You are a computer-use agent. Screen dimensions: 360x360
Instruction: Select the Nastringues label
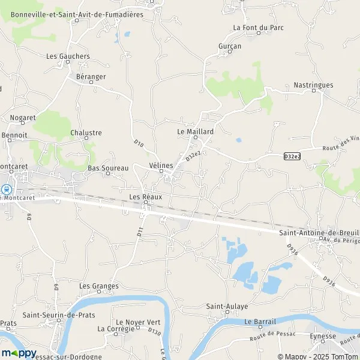click(313, 85)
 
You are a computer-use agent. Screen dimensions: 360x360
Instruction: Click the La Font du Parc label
click(256, 28)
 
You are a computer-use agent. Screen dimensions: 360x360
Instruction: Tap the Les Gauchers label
click(68, 56)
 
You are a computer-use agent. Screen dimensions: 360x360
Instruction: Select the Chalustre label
click(86, 133)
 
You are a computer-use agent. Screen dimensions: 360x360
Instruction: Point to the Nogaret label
click(23, 118)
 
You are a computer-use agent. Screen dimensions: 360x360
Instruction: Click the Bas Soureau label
click(108, 169)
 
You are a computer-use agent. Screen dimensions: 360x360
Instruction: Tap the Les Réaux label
click(146, 197)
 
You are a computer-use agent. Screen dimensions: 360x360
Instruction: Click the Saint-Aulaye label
click(227, 306)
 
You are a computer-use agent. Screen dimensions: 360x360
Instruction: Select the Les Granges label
click(99, 286)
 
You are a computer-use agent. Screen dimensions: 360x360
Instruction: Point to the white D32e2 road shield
click(292, 157)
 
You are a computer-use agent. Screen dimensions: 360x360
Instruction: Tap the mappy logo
click(19, 353)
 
